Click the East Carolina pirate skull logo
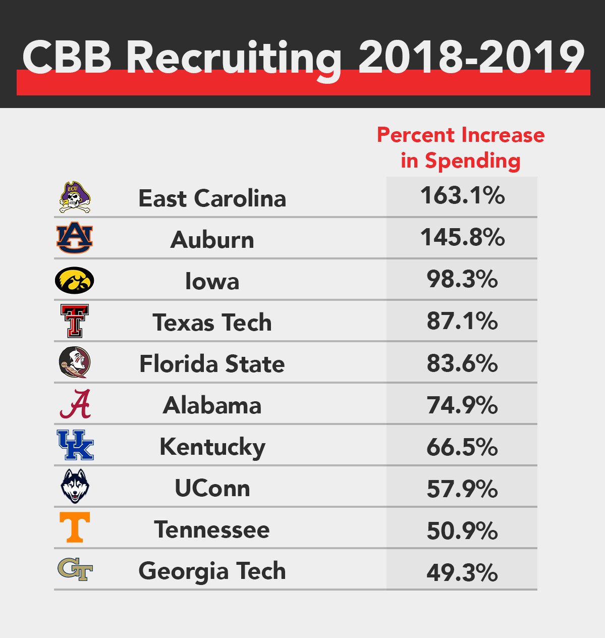tap(75, 197)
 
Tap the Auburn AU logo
tap(75, 238)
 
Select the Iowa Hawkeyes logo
tap(74, 280)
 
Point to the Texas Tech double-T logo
tap(75, 321)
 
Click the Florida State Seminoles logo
tap(75, 362)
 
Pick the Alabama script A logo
tap(75, 404)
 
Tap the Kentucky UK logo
tap(75, 445)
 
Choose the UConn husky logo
tap(75, 487)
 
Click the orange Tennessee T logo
tap(75, 527)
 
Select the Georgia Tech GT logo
tap(75, 569)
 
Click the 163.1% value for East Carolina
tap(462, 196)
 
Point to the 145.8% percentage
tap(462, 237)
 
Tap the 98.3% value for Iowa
tap(462, 279)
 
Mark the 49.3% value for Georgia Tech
tap(462, 572)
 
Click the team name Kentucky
tap(212, 447)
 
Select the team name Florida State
tap(212, 364)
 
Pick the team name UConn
tap(212, 489)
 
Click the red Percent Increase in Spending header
tap(461, 148)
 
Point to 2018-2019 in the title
tap(471, 57)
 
